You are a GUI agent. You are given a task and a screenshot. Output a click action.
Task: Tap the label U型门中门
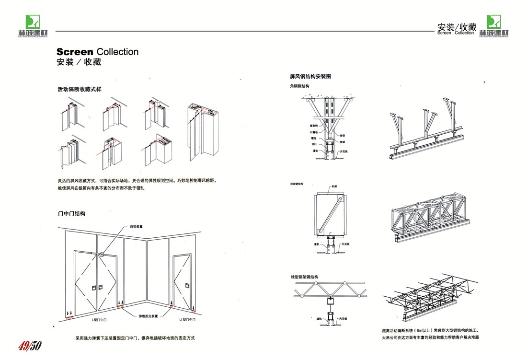click(188, 319)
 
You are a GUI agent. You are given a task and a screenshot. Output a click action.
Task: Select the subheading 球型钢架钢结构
click(304, 277)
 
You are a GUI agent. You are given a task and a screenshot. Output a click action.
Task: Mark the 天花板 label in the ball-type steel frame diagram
click(343, 318)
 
